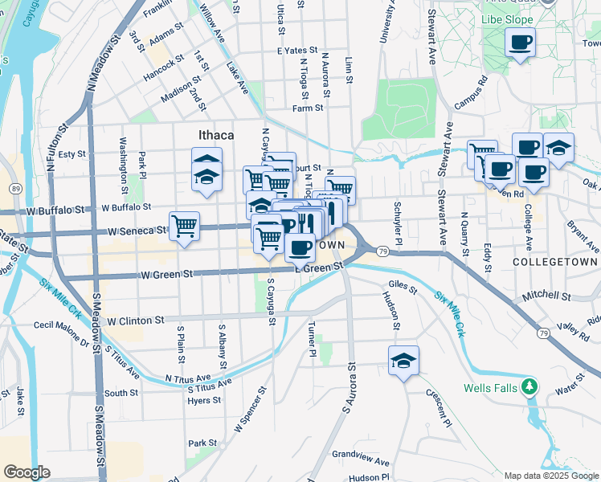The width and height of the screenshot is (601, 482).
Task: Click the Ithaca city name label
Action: click(216, 135)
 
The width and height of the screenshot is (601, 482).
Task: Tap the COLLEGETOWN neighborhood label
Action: click(555, 262)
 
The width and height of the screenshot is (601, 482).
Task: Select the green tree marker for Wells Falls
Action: click(529, 388)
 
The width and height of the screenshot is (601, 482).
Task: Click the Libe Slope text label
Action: click(508, 18)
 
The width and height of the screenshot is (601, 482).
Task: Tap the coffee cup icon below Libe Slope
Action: click(520, 41)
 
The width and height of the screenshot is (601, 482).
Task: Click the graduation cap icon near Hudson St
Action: click(403, 360)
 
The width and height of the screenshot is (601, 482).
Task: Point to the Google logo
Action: click(27, 472)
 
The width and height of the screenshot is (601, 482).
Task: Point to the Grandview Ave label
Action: click(361, 463)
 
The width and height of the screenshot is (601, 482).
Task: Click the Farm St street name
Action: click(308, 108)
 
